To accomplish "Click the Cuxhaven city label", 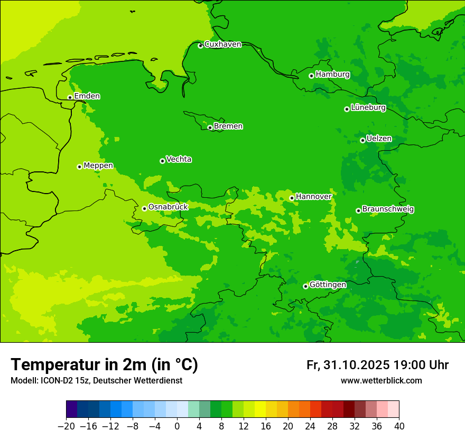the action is pyautogui.click(x=222, y=44).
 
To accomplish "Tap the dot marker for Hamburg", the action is pyautogui.click(x=312, y=76).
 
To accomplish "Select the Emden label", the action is pyautogui.click(x=87, y=96).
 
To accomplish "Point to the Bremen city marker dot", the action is pyautogui.click(x=210, y=127).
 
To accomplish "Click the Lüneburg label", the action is pyautogui.click(x=368, y=108).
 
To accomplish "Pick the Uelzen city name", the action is pyautogui.click(x=379, y=139).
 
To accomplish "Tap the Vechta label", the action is pyautogui.click(x=179, y=159).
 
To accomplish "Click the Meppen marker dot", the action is pyautogui.click(x=79, y=167).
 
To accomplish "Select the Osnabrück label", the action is pyautogui.click(x=168, y=207).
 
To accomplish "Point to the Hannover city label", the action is pyautogui.click(x=313, y=197).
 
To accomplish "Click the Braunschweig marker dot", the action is pyautogui.click(x=358, y=211).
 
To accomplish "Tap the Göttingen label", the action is pyautogui.click(x=328, y=285).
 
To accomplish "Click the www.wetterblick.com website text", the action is pyautogui.click(x=381, y=381).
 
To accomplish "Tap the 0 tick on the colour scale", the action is pyautogui.click(x=177, y=426).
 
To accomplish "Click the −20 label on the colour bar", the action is pyautogui.click(x=66, y=426).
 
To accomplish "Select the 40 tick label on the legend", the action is pyautogui.click(x=399, y=426).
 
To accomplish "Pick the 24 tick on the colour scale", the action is pyautogui.click(x=310, y=426).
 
